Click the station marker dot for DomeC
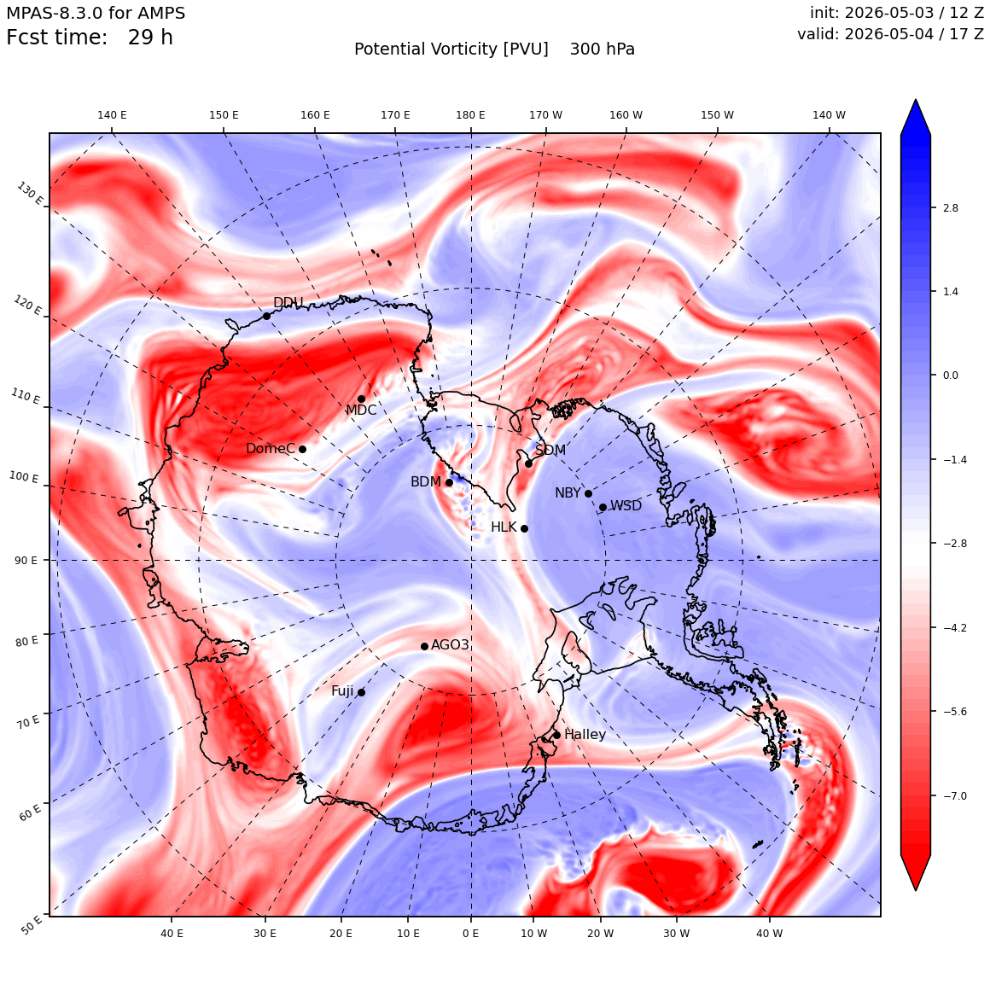(302, 450)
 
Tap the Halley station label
(585, 734)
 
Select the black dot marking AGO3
(425, 646)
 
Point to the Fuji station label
(342, 691)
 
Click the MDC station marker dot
(361, 399)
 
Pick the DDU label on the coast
(288, 302)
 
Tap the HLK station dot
(524, 528)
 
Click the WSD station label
(626, 506)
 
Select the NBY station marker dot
(588, 494)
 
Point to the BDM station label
(426, 481)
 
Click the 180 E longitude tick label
(471, 115)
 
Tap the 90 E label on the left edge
(26, 561)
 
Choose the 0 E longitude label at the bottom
(470, 933)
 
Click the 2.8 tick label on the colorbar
(950, 207)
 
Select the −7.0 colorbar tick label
(955, 795)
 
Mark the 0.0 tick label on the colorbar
(950, 375)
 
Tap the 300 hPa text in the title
(603, 49)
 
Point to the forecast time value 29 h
(150, 38)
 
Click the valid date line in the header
(890, 33)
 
